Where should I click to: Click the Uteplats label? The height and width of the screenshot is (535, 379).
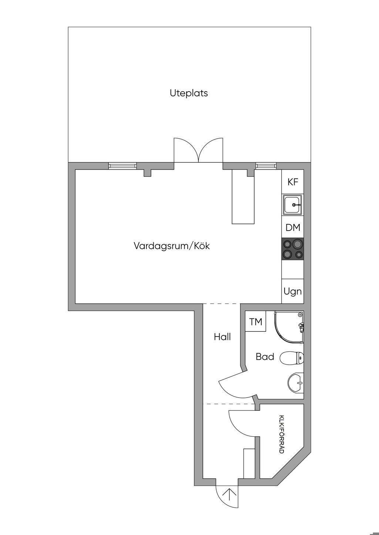click(189, 93)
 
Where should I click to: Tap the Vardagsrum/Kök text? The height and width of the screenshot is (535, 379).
click(172, 246)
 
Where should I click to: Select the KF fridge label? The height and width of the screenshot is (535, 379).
click(293, 182)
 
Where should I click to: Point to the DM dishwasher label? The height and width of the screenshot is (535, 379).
click(293, 228)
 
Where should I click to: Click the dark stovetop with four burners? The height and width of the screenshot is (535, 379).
click(293, 249)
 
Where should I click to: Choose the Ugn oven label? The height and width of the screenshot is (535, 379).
click(293, 292)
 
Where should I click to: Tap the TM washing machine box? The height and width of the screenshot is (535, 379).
click(256, 321)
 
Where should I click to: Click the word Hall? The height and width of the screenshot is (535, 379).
click(222, 337)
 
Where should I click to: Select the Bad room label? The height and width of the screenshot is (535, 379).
click(265, 357)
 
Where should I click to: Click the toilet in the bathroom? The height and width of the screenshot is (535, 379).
click(292, 358)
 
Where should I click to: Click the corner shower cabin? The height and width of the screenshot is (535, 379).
click(289, 327)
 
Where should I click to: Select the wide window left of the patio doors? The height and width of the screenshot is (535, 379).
click(123, 166)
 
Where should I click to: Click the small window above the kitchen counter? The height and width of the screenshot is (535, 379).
click(266, 166)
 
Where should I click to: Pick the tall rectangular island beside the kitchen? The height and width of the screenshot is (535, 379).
click(243, 197)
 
